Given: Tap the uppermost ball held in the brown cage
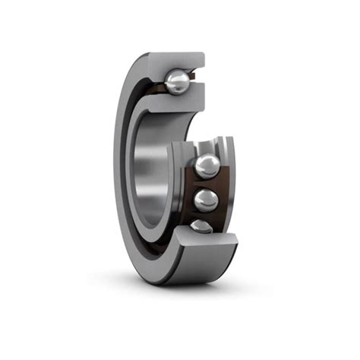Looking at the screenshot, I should [206, 166].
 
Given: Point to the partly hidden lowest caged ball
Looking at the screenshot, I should [201, 226].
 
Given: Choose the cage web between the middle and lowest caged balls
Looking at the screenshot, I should [204, 216].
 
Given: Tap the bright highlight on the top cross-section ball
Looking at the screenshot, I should [174, 77].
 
